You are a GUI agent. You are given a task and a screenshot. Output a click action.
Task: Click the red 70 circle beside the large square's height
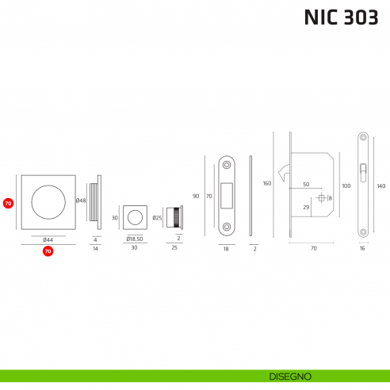pyautogui.click(x=9, y=203)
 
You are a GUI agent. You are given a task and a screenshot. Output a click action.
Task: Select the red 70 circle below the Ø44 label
pyautogui.click(x=48, y=251)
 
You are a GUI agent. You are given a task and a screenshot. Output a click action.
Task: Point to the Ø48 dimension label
pyautogui.click(x=81, y=201)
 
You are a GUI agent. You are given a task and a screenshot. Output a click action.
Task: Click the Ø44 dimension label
pyautogui.click(x=48, y=239)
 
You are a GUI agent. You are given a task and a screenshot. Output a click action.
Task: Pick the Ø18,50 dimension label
pyautogui.click(x=134, y=239)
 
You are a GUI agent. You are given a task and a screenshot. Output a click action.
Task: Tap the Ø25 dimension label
pyautogui.click(x=157, y=217)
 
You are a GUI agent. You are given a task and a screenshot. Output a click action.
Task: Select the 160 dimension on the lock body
pyautogui.click(x=267, y=184)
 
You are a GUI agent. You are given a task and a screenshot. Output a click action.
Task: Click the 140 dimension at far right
pyautogui.click(x=381, y=186)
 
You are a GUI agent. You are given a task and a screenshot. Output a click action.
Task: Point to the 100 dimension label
pyautogui.click(x=346, y=185)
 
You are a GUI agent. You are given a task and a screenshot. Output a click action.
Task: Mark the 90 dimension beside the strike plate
pyautogui.click(x=197, y=195)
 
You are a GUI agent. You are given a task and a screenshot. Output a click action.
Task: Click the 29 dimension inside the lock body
pyautogui.click(x=306, y=207)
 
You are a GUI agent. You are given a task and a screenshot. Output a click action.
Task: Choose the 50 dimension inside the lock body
pyautogui.click(x=305, y=185)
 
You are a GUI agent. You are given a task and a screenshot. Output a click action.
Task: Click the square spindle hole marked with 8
pyautogui.click(x=322, y=197)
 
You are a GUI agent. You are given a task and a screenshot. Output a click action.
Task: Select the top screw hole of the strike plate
pyautogui.click(x=226, y=165)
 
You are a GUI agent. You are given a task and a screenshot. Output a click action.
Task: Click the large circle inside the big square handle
pyautogui.click(x=48, y=201)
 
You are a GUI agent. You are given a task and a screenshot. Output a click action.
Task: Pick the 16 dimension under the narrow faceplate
pyautogui.click(x=363, y=249)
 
